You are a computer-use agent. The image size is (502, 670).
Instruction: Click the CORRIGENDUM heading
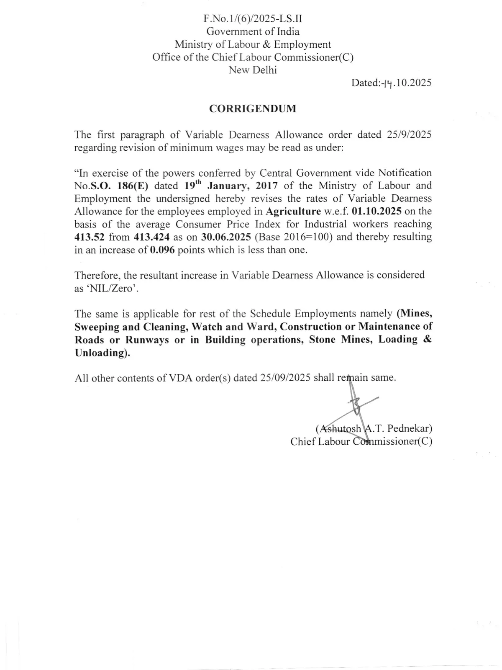coord(253,109)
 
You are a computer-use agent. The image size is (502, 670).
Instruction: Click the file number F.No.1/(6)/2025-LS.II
coord(253,18)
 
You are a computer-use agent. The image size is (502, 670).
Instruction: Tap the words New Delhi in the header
coord(253,70)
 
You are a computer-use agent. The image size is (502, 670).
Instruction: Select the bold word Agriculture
coord(293,211)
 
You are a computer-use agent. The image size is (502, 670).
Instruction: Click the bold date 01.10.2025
coord(377,211)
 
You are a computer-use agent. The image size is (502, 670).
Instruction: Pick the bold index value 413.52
coord(89,237)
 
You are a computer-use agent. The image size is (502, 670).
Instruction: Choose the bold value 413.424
coord(151,237)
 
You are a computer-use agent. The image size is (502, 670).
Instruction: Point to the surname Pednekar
coord(410,428)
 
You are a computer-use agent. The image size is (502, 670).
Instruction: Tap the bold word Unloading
coord(101,353)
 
